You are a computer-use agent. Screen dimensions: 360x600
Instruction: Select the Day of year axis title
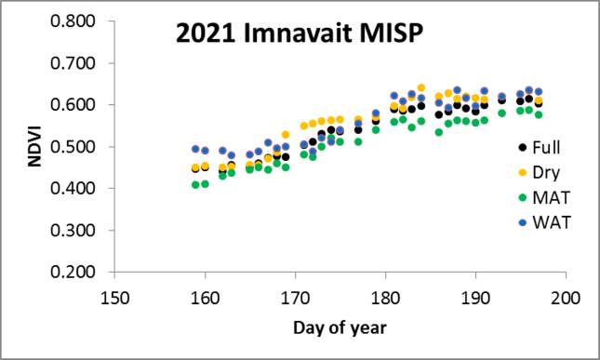pos(339,328)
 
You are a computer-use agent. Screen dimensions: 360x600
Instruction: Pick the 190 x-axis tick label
pos(475,298)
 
